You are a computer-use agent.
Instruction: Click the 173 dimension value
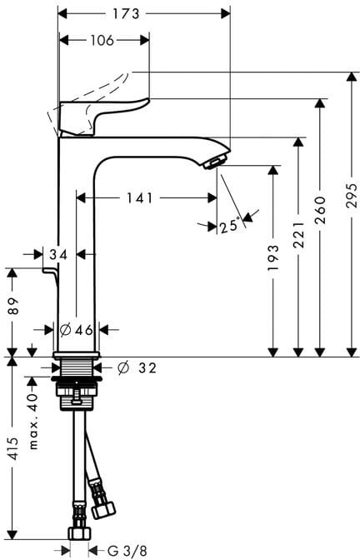tap(126, 14)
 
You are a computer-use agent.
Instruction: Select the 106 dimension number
tap(102, 40)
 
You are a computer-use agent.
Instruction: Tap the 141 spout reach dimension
tap(140, 197)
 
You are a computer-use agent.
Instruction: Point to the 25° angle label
tap(229, 226)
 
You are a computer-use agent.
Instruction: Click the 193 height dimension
tap(273, 257)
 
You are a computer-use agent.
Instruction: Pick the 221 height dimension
tap(298, 235)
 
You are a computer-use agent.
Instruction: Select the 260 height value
tap(320, 210)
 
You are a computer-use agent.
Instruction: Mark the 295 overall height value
tap(352, 196)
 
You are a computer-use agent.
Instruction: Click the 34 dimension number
tap(58, 255)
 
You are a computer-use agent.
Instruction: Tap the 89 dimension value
tap(12, 306)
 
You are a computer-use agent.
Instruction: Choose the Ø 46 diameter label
tap(76, 330)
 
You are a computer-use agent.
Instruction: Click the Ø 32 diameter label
tap(137, 367)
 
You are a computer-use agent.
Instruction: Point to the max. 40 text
tap(33, 422)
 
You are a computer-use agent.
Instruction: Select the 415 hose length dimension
tap(13, 448)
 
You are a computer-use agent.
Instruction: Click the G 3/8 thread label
tap(127, 551)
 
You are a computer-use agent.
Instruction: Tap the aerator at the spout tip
tap(216, 162)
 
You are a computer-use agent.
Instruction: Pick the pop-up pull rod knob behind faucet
tap(51, 272)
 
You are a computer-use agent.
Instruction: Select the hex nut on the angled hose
tap(103, 510)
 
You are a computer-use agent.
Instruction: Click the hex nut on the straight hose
tap(80, 533)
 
